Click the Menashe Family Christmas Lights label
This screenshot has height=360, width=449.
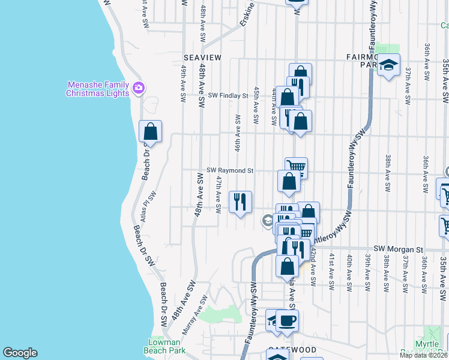click(97, 89)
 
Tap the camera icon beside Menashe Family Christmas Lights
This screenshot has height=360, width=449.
click(139, 89)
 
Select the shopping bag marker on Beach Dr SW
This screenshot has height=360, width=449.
click(150, 131)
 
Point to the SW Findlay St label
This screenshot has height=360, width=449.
click(228, 95)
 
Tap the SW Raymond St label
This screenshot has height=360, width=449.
click(230, 170)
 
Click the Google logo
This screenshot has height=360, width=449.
click(20, 353)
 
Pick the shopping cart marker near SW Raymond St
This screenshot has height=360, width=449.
click(296, 167)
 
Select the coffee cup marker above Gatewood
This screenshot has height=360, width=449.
click(286, 320)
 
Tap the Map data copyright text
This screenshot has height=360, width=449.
click(423, 355)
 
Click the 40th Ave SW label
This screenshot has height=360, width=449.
click(349, 273)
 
